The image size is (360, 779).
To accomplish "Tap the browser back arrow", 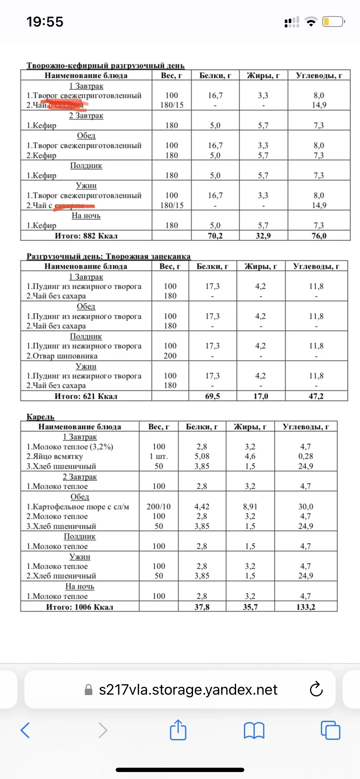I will pyautogui.click(x=25, y=730).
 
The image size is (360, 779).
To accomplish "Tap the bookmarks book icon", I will pyautogui.click(x=254, y=730).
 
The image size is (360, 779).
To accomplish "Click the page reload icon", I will pyautogui.click(x=316, y=689).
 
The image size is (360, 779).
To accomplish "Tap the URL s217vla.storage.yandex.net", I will pyautogui.click(x=188, y=689).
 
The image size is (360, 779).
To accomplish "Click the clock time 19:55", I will pyautogui.click(x=45, y=22).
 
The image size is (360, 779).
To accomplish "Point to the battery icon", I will pyautogui.click(x=333, y=22).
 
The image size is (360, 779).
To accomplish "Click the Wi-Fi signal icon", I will pyautogui.click(x=311, y=22).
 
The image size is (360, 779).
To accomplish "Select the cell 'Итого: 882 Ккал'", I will pyautogui.click(x=86, y=236).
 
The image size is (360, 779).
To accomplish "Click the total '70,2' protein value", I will pyautogui.click(x=215, y=236).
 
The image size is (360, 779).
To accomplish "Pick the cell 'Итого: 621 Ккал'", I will pyautogui.click(x=86, y=396).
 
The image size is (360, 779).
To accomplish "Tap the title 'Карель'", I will pyautogui.click(x=40, y=416).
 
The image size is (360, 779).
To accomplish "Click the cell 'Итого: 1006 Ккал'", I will pyautogui.click(x=80, y=606).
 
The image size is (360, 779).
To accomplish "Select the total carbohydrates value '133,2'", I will pyautogui.click(x=306, y=606).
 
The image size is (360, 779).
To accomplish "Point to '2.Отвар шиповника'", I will pyautogui.click(x=62, y=356).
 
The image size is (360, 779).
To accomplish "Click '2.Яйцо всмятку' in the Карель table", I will pyautogui.click(x=54, y=456).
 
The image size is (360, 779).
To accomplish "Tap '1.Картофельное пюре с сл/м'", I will pyautogui.click(x=78, y=506).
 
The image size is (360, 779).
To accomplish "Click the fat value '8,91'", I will pyautogui.click(x=250, y=506).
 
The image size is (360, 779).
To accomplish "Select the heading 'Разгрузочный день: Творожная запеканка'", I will pyautogui.click(x=109, y=256).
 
